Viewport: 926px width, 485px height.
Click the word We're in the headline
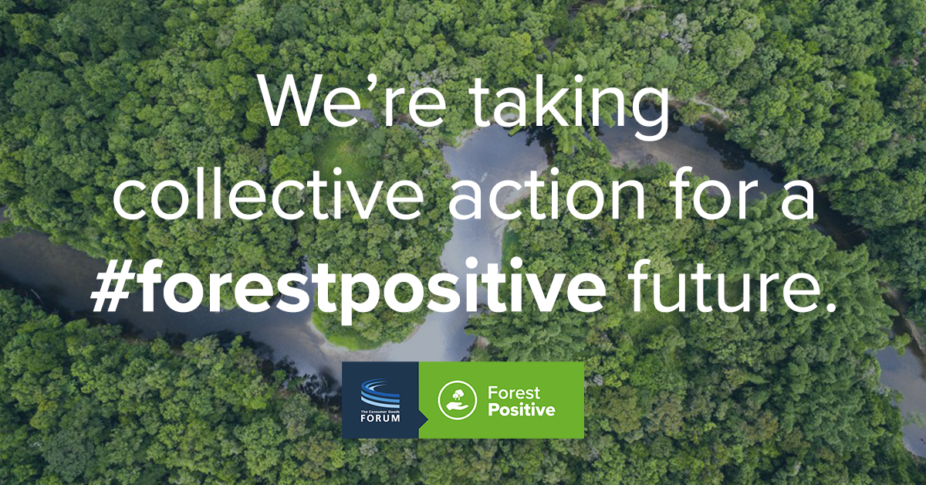(x=353, y=101)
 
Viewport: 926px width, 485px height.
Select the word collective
(x=268, y=194)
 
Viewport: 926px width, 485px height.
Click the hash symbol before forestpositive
(x=112, y=287)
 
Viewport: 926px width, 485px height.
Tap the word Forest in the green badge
(x=514, y=392)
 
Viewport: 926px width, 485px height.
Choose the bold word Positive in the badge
(x=522, y=409)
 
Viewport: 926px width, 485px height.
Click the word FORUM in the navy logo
(x=380, y=418)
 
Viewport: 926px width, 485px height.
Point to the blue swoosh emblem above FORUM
(x=380, y=394)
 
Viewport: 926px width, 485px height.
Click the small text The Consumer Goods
(x=380, y=412)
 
